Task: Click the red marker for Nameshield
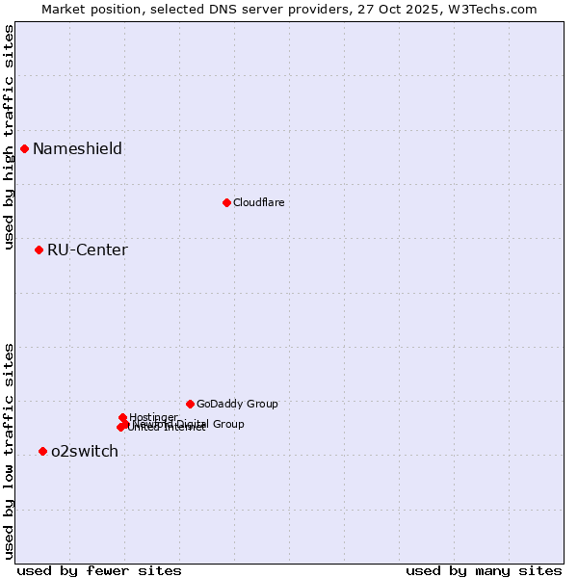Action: click(x=24, y=148)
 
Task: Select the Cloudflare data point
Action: click(x=226, y=202)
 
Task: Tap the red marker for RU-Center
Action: click(x=39, y=250)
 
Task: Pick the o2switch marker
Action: click(x=42, y=451)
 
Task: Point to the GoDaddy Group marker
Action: click(x=190, y=404)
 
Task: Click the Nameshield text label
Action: click(x=77, y=148)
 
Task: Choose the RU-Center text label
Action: click(x=87, y=250)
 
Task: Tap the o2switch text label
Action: click(x=84, y=452)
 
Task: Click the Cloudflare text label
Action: click(x=258, y=202)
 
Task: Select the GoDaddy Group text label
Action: click(x=237, y=405)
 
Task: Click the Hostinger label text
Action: click(x=153, y=417)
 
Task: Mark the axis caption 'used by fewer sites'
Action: click(x=99, y=570)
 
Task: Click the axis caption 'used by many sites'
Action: click(x=484, y=570)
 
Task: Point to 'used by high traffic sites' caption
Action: click(x=9, y=137)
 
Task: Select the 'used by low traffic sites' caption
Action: click(x=9, y=451)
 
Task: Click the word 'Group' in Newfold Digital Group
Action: click(x=228, y=424)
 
